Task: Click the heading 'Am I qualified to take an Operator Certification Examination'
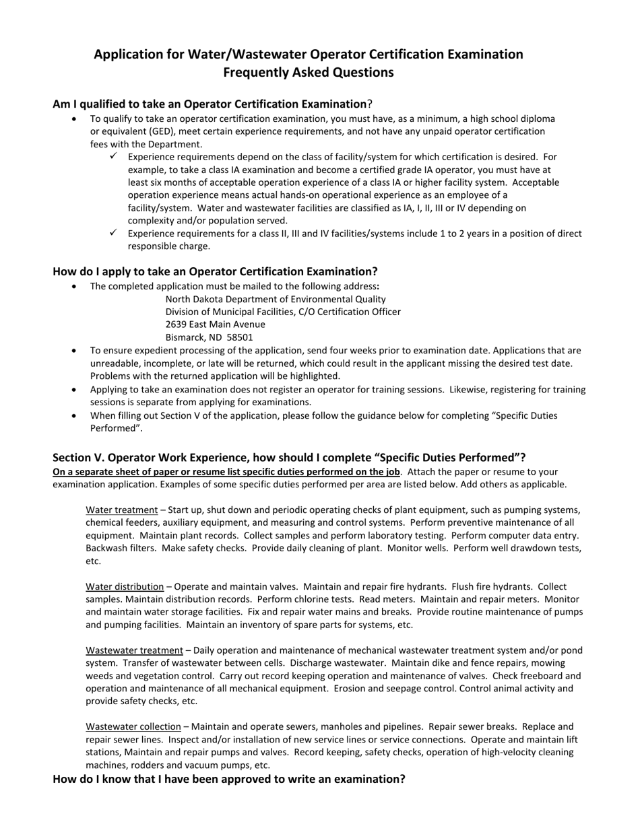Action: tap(210, 104)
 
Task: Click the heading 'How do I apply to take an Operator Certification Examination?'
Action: tap(215, 271)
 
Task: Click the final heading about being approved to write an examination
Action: tap(229, 779)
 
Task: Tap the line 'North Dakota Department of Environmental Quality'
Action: tap(276, 299)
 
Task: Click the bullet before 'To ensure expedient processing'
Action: tap(74, 351)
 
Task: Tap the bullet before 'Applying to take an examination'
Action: tap(74, 390)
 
